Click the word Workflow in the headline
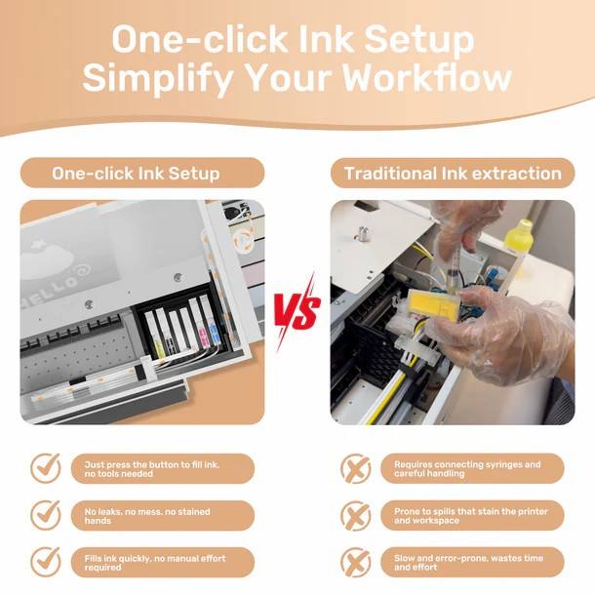point(427,78)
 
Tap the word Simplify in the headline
point(157,79)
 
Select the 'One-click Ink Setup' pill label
point(142,173)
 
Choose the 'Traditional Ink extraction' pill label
point(453,173)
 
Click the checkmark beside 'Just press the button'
point(46,467)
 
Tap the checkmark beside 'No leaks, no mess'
point(46,515)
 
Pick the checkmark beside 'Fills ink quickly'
point(46,562)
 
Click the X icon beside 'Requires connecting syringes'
point(356,468)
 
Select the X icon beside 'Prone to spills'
point(356,515)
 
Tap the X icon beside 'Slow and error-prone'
point(356,563)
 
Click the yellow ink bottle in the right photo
point(519,236)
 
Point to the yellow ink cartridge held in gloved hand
point(430,303)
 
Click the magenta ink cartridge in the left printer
point(202,334)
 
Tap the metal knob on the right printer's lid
point(364,232)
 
